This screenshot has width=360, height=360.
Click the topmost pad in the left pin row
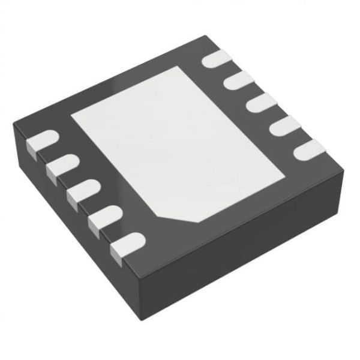tap(41, 140)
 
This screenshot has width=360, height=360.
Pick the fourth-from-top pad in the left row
tap(103, 217)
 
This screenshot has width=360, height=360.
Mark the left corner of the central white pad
tap(73, 114)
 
